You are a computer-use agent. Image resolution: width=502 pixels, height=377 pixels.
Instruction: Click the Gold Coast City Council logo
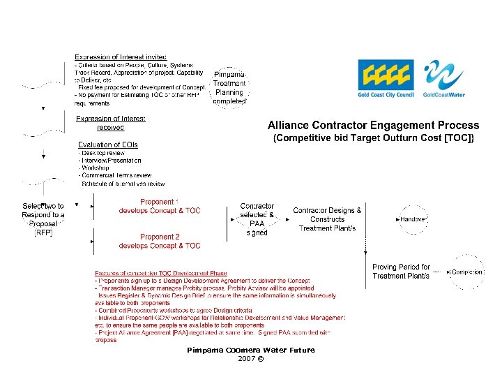pyautogui.click(x=386, y=78)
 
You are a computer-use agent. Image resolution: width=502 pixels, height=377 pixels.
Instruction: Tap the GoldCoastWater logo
pyautogui.click(x=444, y=78)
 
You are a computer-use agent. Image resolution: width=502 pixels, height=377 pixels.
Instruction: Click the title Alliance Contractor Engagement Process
pyautogui.click(x=374, y=126)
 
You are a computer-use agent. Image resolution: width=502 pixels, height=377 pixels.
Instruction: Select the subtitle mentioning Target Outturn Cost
pyautogui.click(x=374, y=138)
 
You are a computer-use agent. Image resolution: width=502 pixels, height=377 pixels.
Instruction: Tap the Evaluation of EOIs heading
pyautogui.click(x=108, y=145)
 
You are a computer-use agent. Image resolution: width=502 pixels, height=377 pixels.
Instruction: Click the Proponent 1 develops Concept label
pyautogui.click(x=160, y=206)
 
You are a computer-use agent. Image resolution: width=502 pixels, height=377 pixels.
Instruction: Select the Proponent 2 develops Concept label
pyautogui.click(x=160, y=241)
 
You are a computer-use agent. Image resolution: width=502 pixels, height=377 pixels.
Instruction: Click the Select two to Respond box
pyautogui.click(x=43, y=219)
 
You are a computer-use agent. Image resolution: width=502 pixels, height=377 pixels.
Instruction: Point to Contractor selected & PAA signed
pyautogui.click(x=257, y=219)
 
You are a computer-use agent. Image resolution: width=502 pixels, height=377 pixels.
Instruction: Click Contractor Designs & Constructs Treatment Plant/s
pyautogui.click(x=327, y=219)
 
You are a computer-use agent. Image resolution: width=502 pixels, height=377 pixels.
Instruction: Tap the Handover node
pyautogui.click(x=413, y=219)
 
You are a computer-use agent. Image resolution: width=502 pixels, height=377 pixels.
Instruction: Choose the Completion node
pyautogui.click(x=466, y=272)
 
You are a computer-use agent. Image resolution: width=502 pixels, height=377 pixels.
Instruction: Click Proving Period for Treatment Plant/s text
pyautogui.click(x=401, y=272)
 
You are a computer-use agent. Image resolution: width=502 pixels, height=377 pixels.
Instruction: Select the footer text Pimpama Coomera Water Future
pyautogui.click(x=251, y=350)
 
